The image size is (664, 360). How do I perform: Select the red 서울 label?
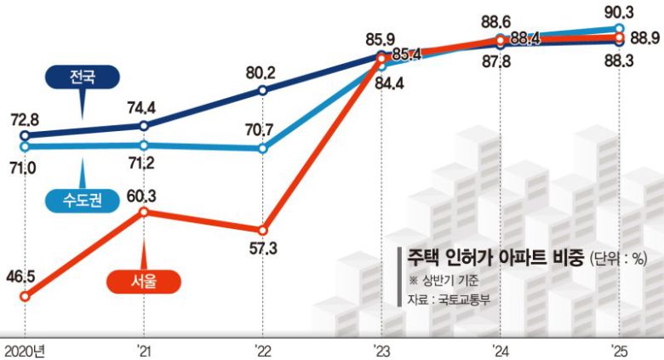[x=145, y=278]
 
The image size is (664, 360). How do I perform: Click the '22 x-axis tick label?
[x=263, y=350]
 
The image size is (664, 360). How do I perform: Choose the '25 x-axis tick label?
[x=620, y=350]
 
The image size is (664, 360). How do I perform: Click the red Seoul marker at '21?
[x=144, y=210]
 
